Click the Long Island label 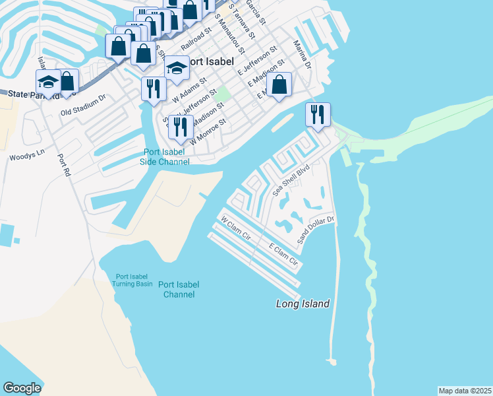point(302,304)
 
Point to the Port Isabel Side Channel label point(167,157)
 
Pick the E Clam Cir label point(284,257)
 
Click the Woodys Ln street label point(26,156)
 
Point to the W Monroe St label point(208,131)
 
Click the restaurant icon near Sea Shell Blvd point(318,114)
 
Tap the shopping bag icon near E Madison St point(279,84)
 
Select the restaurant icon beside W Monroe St point(180,126)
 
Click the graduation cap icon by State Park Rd point(48,82)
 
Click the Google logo point(22,388)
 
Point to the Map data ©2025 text point(465,391)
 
